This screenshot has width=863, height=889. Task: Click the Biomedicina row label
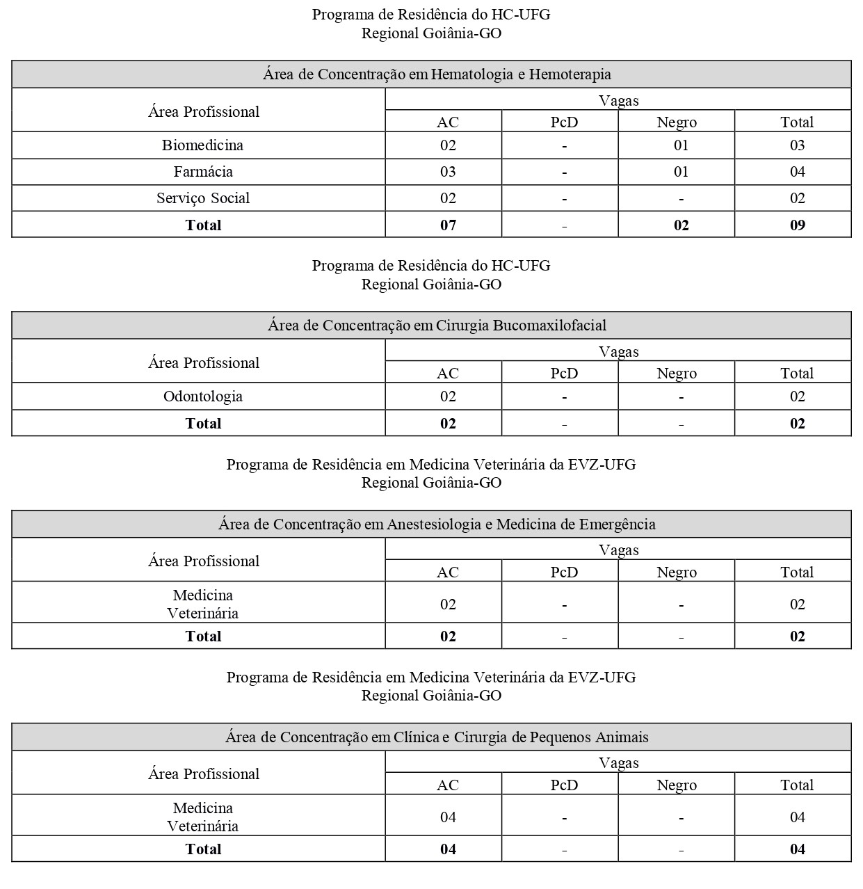pos(202,145)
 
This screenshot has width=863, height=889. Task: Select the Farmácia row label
pos(202,172)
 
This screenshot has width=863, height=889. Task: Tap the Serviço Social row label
pos(202,198)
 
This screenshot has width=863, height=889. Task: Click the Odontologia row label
pos(202,397)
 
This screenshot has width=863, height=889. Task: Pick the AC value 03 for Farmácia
pos(448,172)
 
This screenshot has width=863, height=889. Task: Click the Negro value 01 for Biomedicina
pos(681,145)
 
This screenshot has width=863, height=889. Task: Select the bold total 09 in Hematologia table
pos(797,225)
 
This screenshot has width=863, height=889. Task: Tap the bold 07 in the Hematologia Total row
pos(448,225)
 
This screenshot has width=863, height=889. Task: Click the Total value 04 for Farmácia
pos(797,172)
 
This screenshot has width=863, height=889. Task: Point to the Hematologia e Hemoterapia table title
pos(437,74)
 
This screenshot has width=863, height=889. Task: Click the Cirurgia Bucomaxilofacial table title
pos(437,326)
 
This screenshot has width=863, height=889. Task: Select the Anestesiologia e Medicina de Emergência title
pos(437,524)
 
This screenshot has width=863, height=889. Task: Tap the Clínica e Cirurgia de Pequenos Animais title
pos(437,737)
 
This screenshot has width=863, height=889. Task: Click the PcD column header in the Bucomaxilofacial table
pos(564,374)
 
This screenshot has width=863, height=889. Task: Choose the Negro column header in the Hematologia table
pos(677,122)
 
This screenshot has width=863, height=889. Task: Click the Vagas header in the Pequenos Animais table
pos(618,763)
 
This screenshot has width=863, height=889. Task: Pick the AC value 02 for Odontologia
pos(448,397)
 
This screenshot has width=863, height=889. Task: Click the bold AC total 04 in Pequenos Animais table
pos(448,849)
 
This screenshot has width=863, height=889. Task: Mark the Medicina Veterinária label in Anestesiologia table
pos(202,604)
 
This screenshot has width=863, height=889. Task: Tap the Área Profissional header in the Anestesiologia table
pos(203,561)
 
